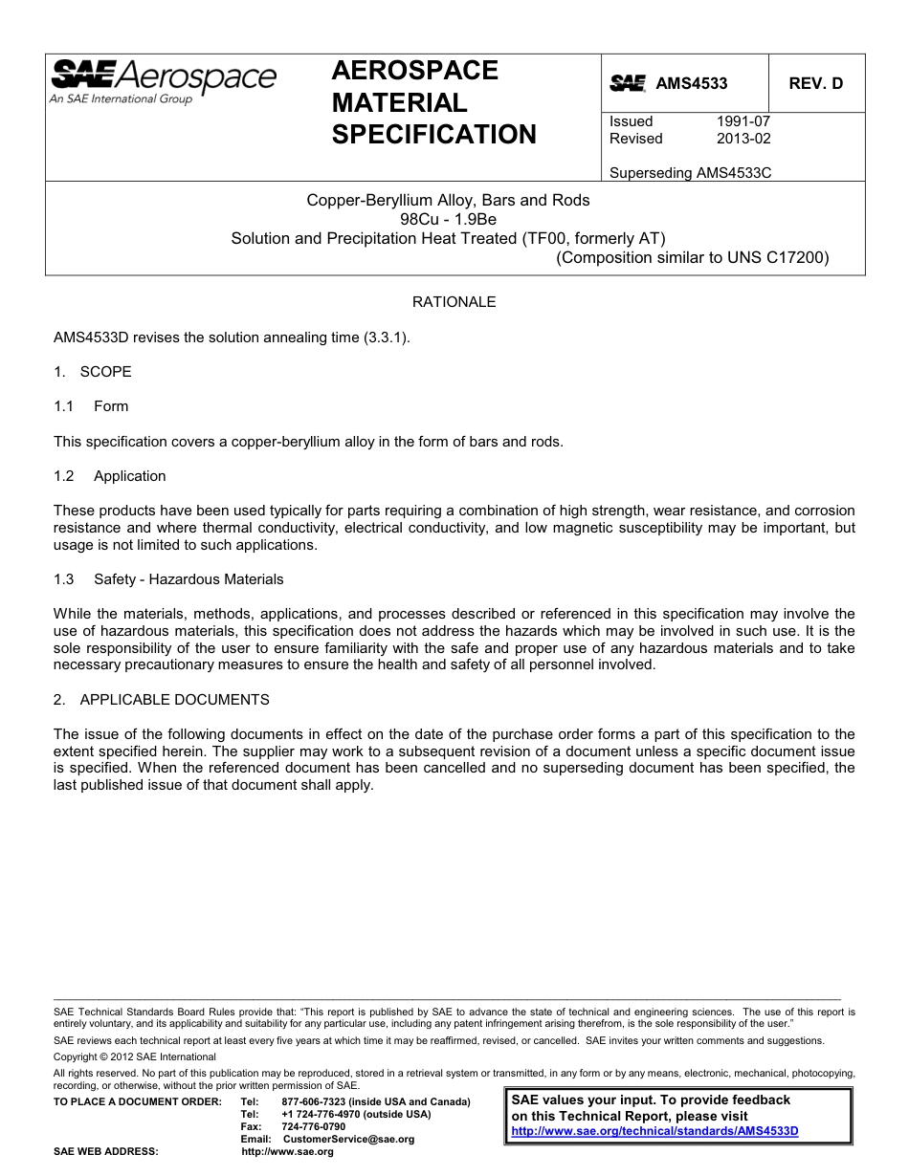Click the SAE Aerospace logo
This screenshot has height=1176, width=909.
pos(163,78)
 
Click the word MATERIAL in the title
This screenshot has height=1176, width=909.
pos(399,102)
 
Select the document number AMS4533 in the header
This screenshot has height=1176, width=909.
pos(691,84)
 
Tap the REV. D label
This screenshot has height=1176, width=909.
pos(815,84)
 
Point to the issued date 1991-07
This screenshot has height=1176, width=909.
pos(743,121)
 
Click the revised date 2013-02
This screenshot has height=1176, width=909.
pos(743,139)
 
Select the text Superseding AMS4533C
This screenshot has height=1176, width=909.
pos(690,173)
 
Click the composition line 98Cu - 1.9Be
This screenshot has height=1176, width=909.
pos(448,219)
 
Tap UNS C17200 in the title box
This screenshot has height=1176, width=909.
pos(778,257)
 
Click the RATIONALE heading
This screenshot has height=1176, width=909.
pos(454,302)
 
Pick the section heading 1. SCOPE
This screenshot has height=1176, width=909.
pos(93,371)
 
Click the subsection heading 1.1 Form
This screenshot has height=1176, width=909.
pos(92,406)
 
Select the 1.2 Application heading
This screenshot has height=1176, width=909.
pos(110,476)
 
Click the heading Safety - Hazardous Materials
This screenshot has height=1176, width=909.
pos(188,579)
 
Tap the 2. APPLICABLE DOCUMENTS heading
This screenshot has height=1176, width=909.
pos(161,700)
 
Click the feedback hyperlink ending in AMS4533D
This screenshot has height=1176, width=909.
pos(654,1130)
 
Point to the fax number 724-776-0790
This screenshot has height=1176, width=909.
pos(313,1126)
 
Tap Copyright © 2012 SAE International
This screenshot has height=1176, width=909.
pos(135,1056)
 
